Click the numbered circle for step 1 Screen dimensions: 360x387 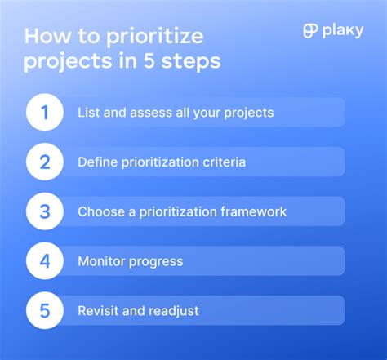coord(45,113)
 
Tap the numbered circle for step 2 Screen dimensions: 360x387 coord(45,162)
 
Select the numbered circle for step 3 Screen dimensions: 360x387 coord(45,211)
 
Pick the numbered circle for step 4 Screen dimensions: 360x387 coord(45,261)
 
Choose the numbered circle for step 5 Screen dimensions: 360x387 coord(45,310)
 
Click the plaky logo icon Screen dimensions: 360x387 coord(309,31)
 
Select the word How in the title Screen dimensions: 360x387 coord(48,36)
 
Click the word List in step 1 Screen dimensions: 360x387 coord(88,113)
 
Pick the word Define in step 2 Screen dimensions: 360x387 coord(97,162)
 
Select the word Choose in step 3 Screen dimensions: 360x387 coord(100,211)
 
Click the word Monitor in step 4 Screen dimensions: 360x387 coord(101,261)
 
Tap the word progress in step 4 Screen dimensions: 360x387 coord(156,262)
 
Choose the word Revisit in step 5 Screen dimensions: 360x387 coord(99,310)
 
